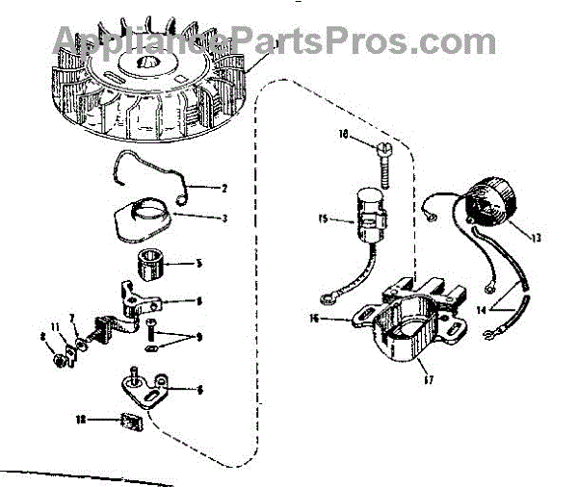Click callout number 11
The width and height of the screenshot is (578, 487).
[55, 327]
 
